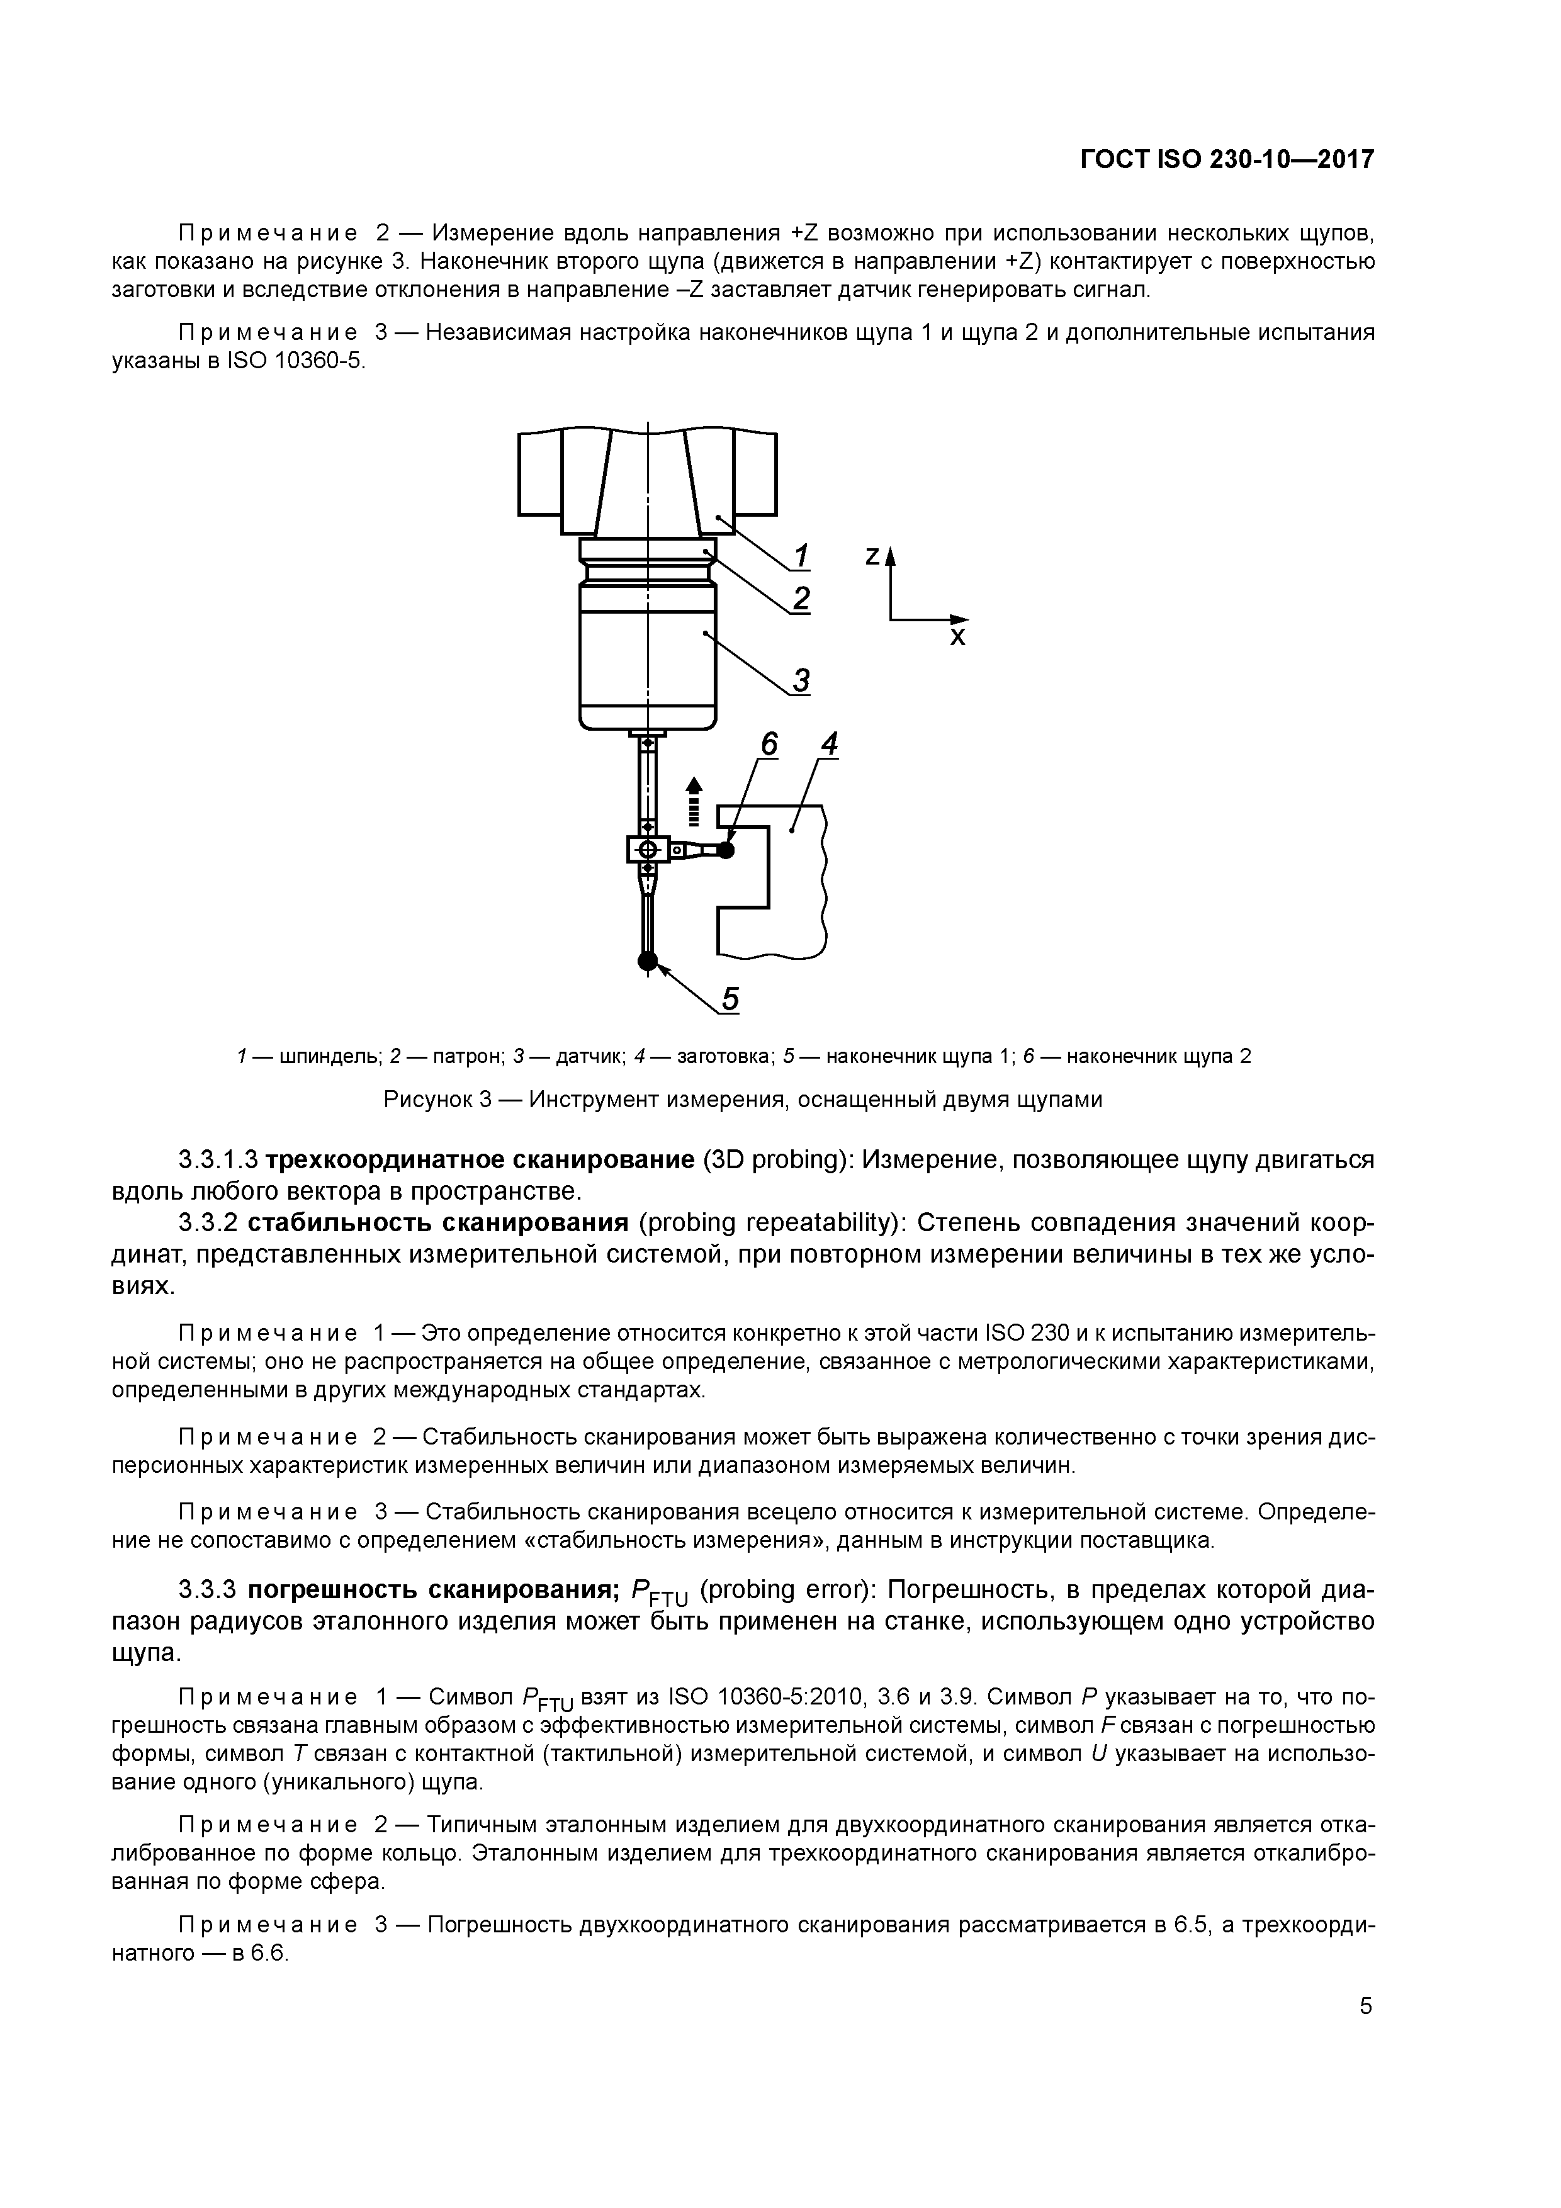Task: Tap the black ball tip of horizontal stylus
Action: (725, 850)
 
